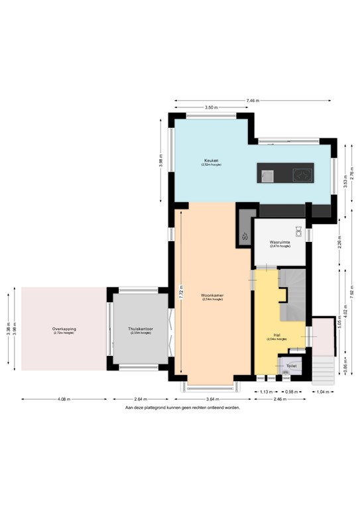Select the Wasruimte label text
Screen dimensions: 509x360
pos(280,243)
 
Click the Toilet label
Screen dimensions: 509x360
pos(291,366)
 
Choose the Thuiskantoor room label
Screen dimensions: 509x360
pos(141,329)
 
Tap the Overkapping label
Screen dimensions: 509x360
pos(64,329)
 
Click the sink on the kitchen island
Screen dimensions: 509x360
pos(267,175)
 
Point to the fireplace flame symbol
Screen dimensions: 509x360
pos(245,235)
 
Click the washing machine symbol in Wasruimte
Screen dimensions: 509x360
pos(299,232)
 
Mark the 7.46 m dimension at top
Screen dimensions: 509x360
pos(252,101)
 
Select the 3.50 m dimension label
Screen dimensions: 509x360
pos(211,107)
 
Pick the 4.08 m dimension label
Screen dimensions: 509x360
pos(64,400)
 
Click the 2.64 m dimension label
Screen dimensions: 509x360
pos(140,400)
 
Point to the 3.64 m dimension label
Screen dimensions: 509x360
pos(212,400)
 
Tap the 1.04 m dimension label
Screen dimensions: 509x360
pos(324,392)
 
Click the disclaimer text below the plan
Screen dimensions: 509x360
pos(182,408)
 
